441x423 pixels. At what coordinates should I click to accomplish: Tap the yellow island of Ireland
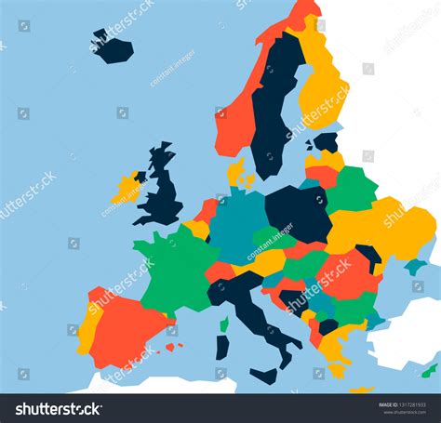127,189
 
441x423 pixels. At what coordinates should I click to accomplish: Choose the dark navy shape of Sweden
275,102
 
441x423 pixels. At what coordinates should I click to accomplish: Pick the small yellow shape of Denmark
237,171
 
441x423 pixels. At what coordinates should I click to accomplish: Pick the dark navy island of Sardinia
222,347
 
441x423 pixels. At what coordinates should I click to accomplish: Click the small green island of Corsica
224,324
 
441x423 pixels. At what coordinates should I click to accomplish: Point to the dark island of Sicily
264,376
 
